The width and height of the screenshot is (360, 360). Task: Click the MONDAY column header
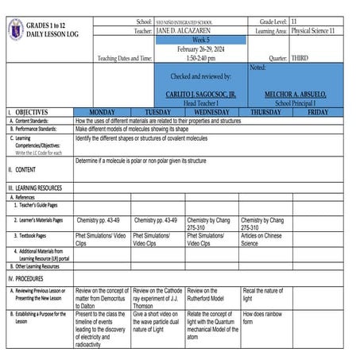click(103, 113)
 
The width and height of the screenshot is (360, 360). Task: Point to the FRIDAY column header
click(318, 113)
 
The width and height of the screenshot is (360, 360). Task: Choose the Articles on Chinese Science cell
click(262, 240)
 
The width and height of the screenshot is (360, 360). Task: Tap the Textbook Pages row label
click(34, 236)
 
